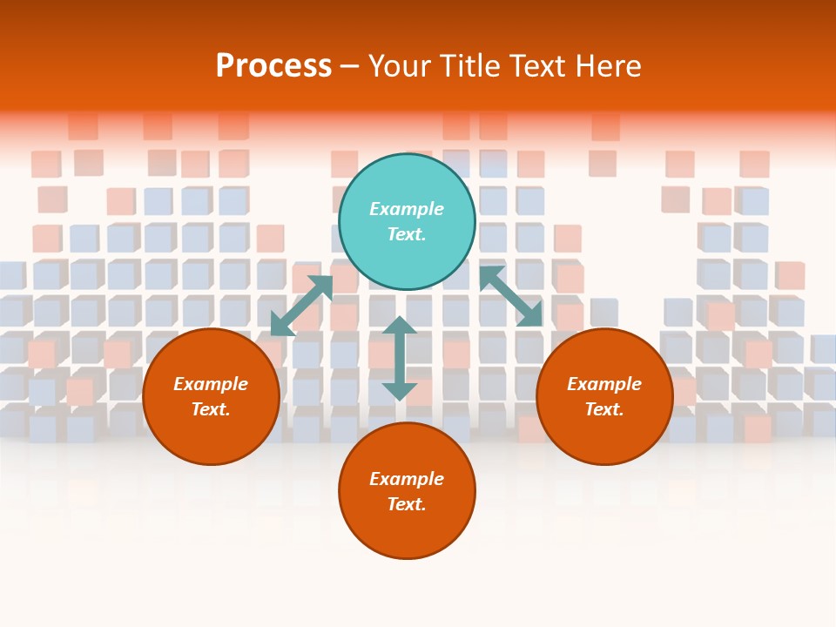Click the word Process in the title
(273, 66)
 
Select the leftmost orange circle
(211, 396)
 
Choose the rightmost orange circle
(604, 396)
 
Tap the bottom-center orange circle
(407, 491)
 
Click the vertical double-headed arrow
(400, 359)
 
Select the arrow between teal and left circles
(302, 306)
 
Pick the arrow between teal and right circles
(510, 296)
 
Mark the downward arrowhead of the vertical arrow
(400, 391)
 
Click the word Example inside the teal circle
(407, 209)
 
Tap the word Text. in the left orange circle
(211, 409)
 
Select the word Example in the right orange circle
(604, 384)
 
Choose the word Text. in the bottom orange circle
(407, 504)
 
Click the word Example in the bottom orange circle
(407, 479)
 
